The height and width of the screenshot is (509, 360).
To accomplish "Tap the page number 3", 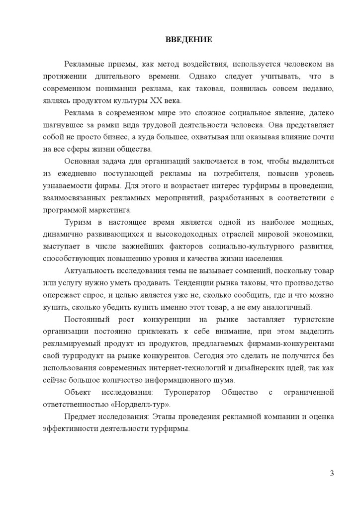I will click(332, 472).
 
